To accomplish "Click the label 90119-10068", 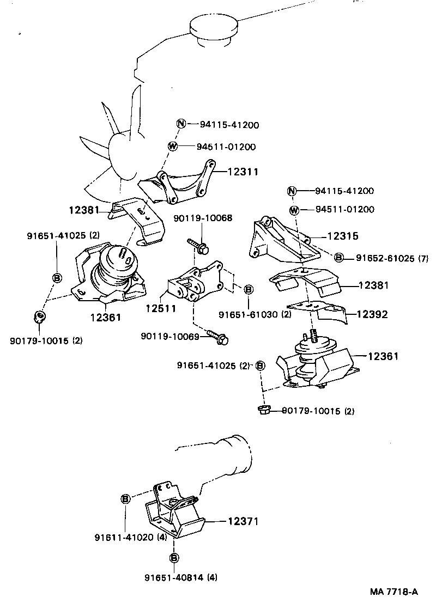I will point(203,218).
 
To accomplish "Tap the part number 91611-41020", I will point(124,537).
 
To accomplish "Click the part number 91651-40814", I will point(174,577).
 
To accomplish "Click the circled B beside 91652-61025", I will point(339,257).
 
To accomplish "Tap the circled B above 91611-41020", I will point(125,498).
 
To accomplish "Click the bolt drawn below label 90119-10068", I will point(199,246).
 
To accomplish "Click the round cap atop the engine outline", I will point(213,27).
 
